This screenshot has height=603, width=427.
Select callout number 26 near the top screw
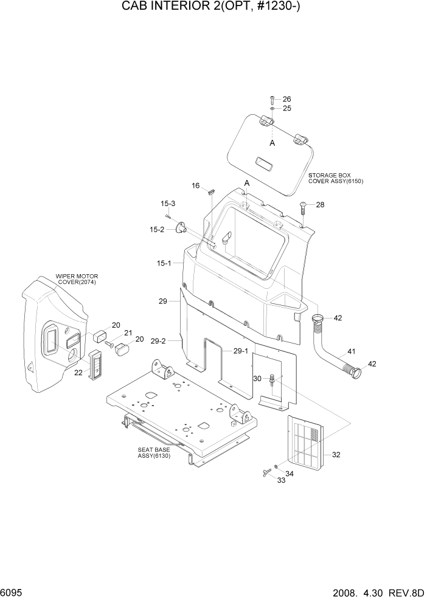[x=286, y=99]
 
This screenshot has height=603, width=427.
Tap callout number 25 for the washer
[x=286, y=108]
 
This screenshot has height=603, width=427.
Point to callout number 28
[x=320, y=205]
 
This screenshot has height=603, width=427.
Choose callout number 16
[x=196, y=185]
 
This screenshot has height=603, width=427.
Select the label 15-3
[x=168, y=203]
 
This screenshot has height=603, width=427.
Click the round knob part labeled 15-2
[x=180, y=229]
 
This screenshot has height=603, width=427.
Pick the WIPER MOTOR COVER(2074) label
[x=76, y=278]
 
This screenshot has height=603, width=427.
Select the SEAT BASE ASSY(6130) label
[x=156, y=453]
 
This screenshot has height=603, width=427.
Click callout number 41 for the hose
[x=352, y=351]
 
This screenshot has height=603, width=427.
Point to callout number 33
[x=282, y=480]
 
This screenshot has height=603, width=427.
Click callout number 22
[x=78, y=373]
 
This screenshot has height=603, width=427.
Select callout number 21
[x=128, y=333]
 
